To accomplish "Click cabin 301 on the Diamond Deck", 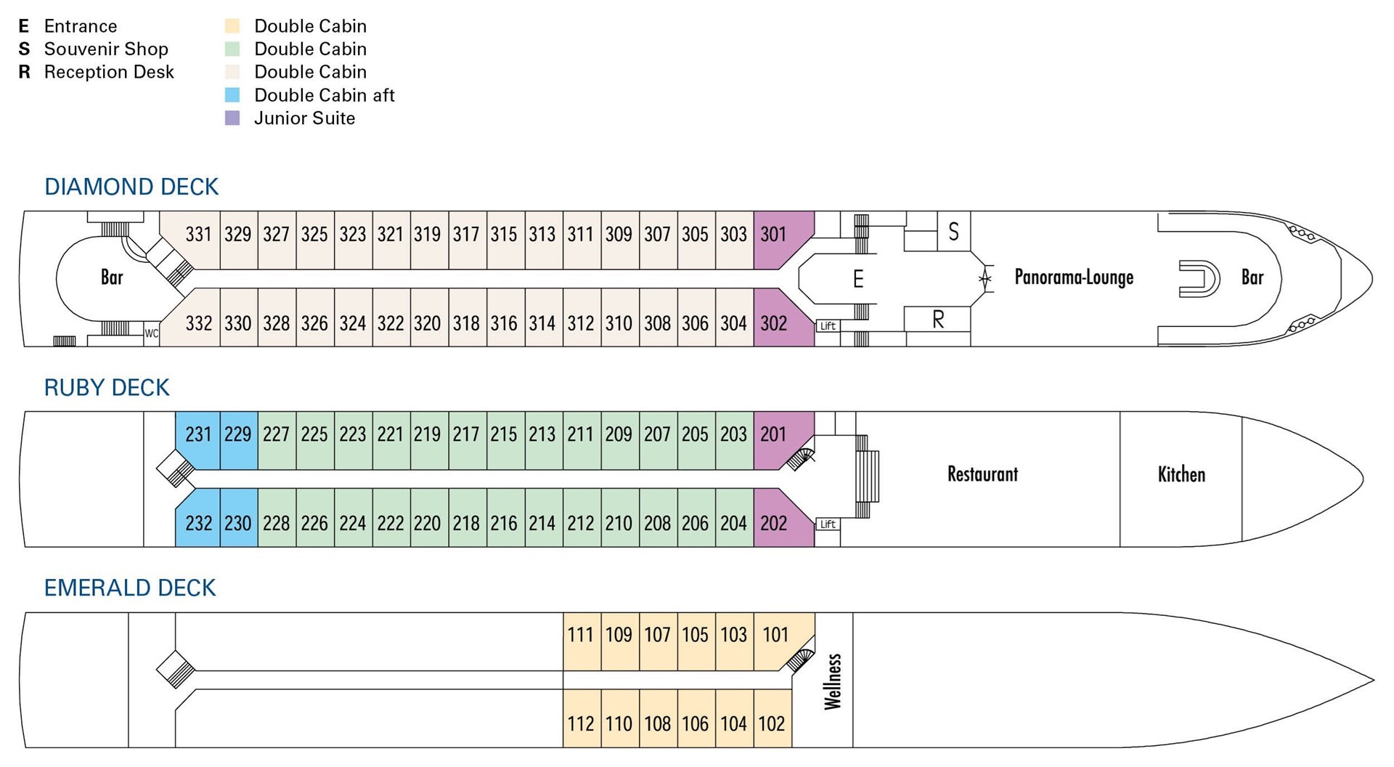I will coord(774,234).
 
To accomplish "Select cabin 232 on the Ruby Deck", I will coord(198,523).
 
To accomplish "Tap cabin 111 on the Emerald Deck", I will coord(581,635).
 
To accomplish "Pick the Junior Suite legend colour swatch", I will coord(232,118).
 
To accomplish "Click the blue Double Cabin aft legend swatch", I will coord(232,95).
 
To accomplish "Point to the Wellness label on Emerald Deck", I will coord(833,681).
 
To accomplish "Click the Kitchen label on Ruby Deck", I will coord(1181,475).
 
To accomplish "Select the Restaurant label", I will coord(982,474).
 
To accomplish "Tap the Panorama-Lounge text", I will coord(1074,277).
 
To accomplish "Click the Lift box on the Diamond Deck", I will coord(828,326).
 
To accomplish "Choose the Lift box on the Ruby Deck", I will coord(828,524).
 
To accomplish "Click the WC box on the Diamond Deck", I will coord(151,334).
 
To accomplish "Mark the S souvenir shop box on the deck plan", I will coord(953,232).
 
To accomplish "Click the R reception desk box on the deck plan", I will coord(937,319).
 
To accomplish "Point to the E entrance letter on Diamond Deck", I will coord(858,279).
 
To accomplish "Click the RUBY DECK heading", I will coord(107,388).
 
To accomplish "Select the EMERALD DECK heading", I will coord(130,588).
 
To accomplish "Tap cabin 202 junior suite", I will coord(774,523).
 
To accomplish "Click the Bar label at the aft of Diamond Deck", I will coord(112,277).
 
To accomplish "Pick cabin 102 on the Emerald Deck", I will coord(772,723).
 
